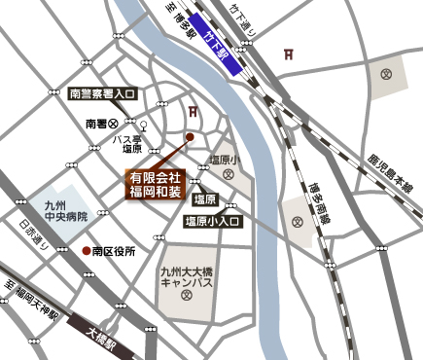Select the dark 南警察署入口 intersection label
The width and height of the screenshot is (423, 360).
[103, 94]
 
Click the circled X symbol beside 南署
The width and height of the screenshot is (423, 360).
[114, 124]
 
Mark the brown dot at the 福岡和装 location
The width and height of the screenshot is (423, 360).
[190, 137]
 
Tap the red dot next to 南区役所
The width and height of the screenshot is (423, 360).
[87, 251]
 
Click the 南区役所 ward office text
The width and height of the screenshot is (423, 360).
[115, 251]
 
